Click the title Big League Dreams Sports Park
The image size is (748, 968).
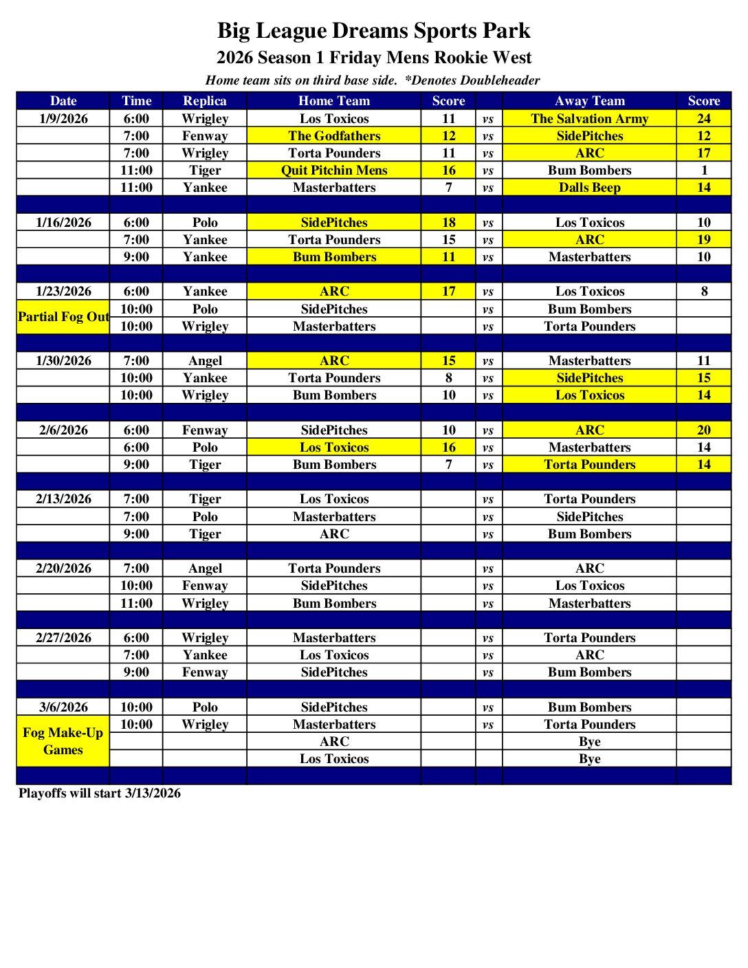[x=373, y=31]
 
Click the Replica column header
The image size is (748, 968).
[x=205, y=101]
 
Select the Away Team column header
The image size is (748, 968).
[x=589, y=101]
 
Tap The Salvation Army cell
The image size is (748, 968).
[x=589, y=118]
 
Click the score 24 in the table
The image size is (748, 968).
[x=703, y=118]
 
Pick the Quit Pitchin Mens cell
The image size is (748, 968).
[x=334, y=170]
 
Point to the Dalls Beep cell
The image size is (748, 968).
[x=589, y=187]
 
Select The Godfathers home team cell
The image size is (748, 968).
[x=334, y=135]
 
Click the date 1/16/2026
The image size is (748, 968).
[x=63, y=222]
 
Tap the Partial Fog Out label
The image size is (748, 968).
[x=63, y=317]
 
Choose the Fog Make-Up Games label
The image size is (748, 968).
[x=63, y=741]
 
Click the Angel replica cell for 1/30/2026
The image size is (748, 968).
[x=205, y=360]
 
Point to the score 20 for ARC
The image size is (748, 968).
[x=703, y=430]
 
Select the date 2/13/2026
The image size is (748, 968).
[x=63, y=499]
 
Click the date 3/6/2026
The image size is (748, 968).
[x=63, y=707]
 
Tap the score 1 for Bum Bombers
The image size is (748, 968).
[x=703, y=170]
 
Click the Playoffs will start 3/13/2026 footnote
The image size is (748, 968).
[x=100, y=793]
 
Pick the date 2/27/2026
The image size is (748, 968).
[x=63, y=637]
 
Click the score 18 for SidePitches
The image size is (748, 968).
[x=448, y=222]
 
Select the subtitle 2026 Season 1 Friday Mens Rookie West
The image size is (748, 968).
[x=373, y=58]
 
